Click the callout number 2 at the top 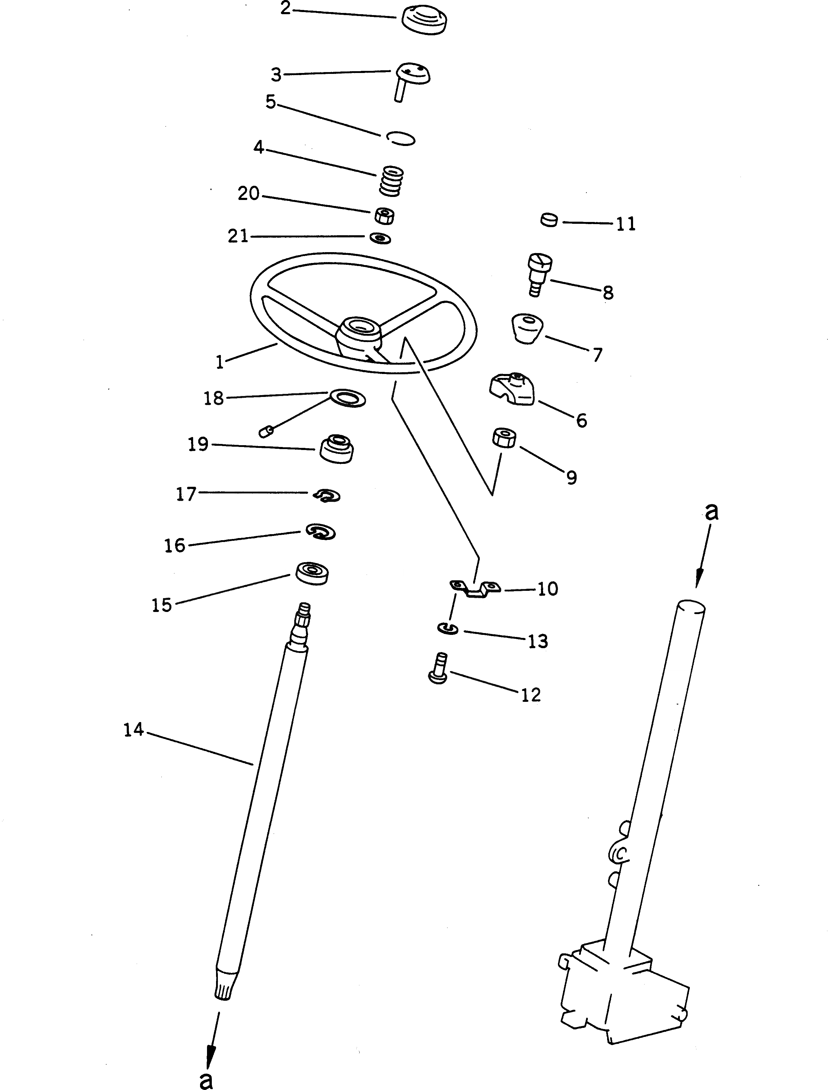coord(285,8)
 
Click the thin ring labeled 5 coord(400,138)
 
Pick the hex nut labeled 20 coord(384,215)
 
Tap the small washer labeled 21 coord(381,239)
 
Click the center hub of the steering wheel coord(360,330)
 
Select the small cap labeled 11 coord(549,220)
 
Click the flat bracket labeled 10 coord(475,588)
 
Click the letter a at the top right coord(711,512)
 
